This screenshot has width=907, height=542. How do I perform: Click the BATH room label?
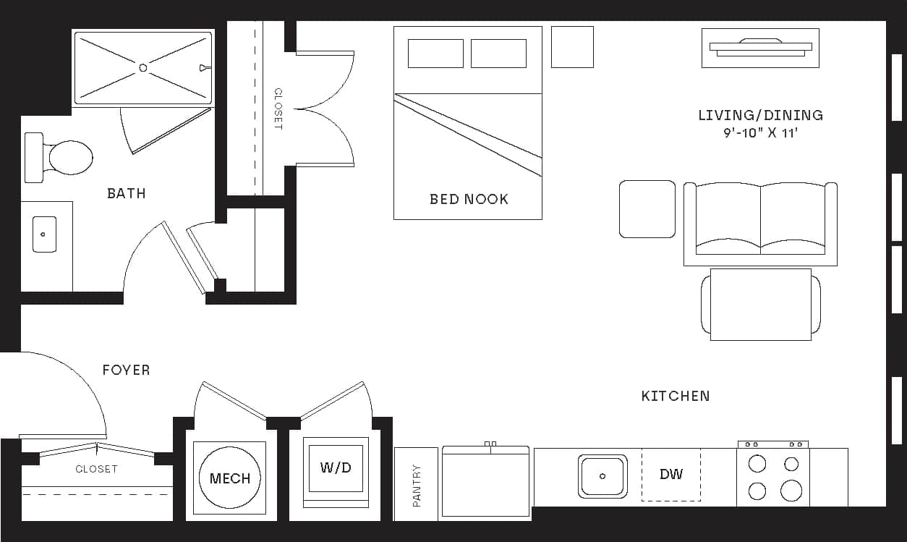pos(126,193)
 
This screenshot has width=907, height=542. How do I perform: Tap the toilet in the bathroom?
pos(67,157)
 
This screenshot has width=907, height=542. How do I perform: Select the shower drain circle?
pos(142,67)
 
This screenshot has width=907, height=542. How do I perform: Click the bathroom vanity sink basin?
pos(44,234)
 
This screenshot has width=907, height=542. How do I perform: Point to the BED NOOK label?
pos(469,199)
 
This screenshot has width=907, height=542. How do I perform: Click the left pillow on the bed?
pos(435,54)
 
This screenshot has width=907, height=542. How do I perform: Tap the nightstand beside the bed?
pos(572,47)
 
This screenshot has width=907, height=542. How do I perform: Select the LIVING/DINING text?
pos(760,115)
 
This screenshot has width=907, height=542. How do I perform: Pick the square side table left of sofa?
pos(647,209)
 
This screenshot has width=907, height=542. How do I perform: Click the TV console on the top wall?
pos(760,48)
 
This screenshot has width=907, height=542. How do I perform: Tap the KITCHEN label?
pos(676,396)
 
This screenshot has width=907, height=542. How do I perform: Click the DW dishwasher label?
pos(671,475)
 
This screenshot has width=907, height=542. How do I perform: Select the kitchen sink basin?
pos(602,476)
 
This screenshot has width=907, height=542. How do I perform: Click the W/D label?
pos(336,467)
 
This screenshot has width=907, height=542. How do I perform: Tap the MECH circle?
pos(230,478)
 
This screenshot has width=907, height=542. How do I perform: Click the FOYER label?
pos(126,370)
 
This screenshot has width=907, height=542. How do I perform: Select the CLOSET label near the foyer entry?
pos(96,469)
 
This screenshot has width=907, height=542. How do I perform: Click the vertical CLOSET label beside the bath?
pos(278,109)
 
